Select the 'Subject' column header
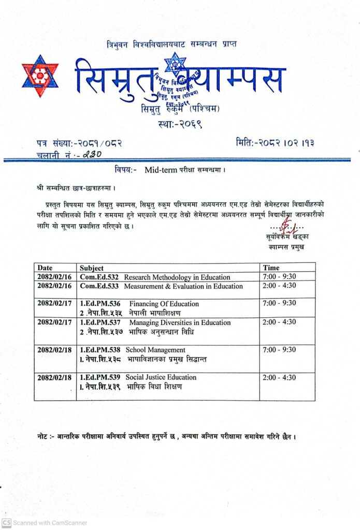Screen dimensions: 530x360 coord(92,268)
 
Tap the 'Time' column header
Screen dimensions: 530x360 coord(271,268)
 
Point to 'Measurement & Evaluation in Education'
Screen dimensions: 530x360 coord(183,286)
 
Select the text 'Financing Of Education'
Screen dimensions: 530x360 coord(164,304)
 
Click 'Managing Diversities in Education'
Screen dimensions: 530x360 coord(180,322)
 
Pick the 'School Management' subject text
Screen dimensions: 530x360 coord(155,350)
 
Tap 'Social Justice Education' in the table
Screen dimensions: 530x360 coord(161,377)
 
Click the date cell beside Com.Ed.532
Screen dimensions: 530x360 coord(54,277)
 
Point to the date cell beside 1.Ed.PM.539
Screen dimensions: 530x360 coord(54,377)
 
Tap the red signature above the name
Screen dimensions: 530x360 coord(285,226)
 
